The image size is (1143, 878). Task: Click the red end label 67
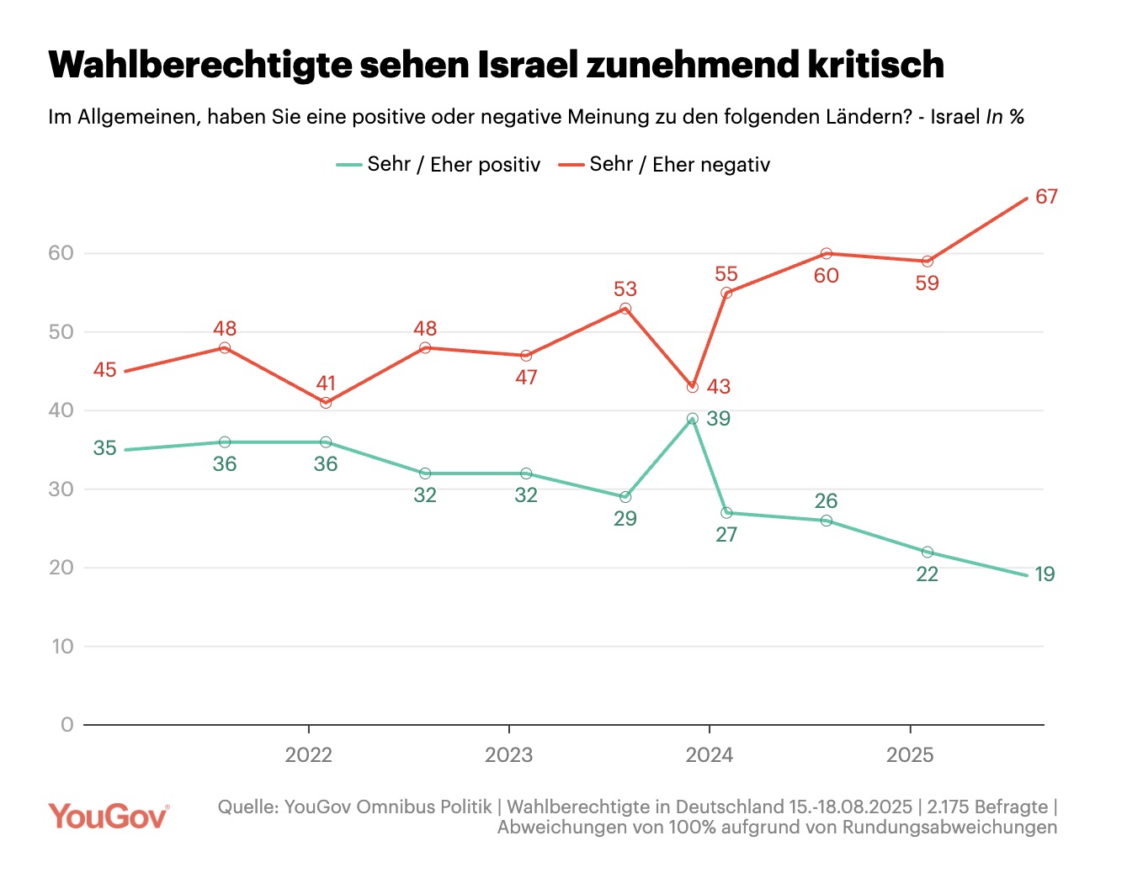pyautogui.click(x=1046, y=197)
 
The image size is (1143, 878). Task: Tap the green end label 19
pyautogui.click(x=1045, y=574)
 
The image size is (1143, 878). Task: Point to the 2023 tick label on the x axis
pyautogui.click(x=508, y=755)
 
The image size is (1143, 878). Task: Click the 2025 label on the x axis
pyautogui.click(x=910, y=755)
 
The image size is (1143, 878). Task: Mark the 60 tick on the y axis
pyautogui.click(x=61, y=253)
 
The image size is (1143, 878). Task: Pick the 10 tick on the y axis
pyautogui.click(x=62, y=647)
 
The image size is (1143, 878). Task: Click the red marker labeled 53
pyautogui.click(x=625, y=309)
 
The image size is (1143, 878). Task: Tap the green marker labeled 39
pyautogui.click(x=693, y=419)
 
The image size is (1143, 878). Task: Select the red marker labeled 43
pyautogui.click(x=693, y=387)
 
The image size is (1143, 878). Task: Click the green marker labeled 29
pyautogui.click(x=625, y=497)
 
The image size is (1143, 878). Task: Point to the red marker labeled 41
pyautogui.click(x=326, y=403)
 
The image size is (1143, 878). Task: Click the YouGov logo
pyautogui.click(x=109, y=817)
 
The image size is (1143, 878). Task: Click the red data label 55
pyautogui.click(x=726, y=274)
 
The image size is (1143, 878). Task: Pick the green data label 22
pyautogui.click(x=927, y=574)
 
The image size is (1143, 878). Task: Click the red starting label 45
pyautogui.click(x=105, y=370)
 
